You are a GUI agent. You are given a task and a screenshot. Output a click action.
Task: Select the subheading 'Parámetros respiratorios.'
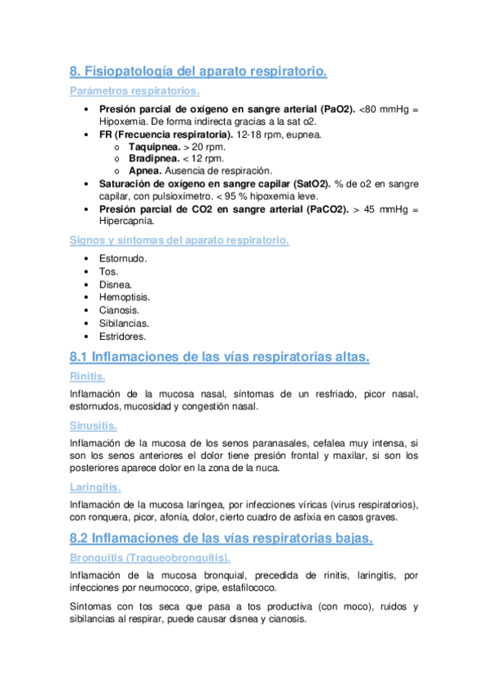(134, 91)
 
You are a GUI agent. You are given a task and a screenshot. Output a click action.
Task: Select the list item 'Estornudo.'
(123, 258)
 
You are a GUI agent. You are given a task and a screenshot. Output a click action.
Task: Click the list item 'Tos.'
(108, 271)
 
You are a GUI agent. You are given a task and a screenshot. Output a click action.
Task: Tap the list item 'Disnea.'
(116, 284)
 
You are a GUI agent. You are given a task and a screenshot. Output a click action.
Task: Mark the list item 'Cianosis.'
(120, 310)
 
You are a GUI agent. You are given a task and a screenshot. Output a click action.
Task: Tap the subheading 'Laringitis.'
(96, 487)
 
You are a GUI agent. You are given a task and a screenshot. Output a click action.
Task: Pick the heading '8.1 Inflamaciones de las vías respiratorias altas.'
(220, 357)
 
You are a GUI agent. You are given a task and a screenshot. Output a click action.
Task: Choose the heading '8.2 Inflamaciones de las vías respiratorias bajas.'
(222, 538)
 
